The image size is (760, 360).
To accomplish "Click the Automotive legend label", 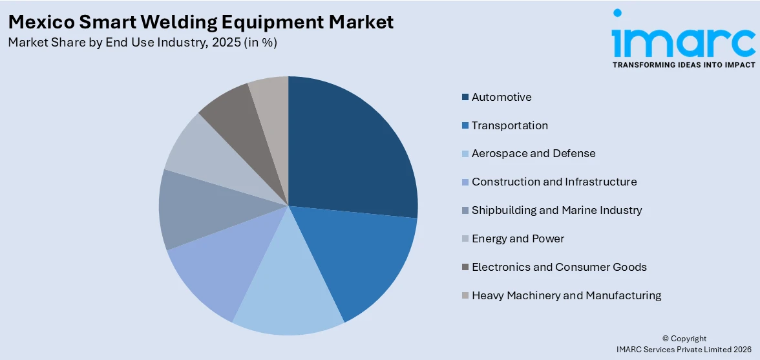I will pos(501,97).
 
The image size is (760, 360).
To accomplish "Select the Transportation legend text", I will pos(509,125).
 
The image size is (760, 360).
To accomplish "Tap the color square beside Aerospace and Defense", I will pos(465,154).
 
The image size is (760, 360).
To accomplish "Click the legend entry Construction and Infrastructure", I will pos(554,182).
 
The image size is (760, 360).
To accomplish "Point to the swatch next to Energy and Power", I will pos(465,238).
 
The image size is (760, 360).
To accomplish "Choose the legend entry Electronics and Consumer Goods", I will pos(559,267).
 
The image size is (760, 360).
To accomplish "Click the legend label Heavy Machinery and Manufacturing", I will pos(566,295).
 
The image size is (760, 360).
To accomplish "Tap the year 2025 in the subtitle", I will pos(213,43).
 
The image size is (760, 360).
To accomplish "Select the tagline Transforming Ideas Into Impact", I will pos(683,65).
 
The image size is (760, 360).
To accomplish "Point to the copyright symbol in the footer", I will pos(665,339).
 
